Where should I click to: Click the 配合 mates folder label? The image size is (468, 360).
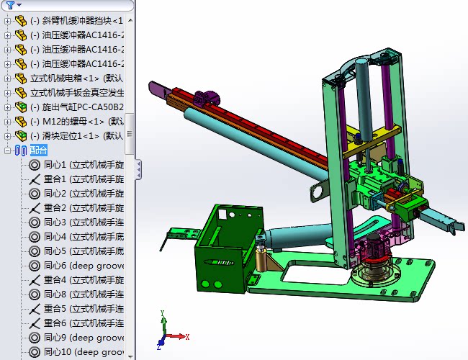tap(39, 150)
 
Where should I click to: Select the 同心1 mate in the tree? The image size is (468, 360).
tap(79, 164)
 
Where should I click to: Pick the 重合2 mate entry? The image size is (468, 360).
tap(79, 207)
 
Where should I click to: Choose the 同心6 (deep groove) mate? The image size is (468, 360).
tap(79, 265)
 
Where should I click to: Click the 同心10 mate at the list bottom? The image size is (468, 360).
tap(79, 351)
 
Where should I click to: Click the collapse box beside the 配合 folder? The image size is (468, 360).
tap(8, 150)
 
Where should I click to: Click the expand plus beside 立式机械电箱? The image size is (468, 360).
tap(8, 78)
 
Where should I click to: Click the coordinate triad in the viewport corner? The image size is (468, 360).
tap(166, 332)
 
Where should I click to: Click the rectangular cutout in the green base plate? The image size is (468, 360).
tap(317, 271)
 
